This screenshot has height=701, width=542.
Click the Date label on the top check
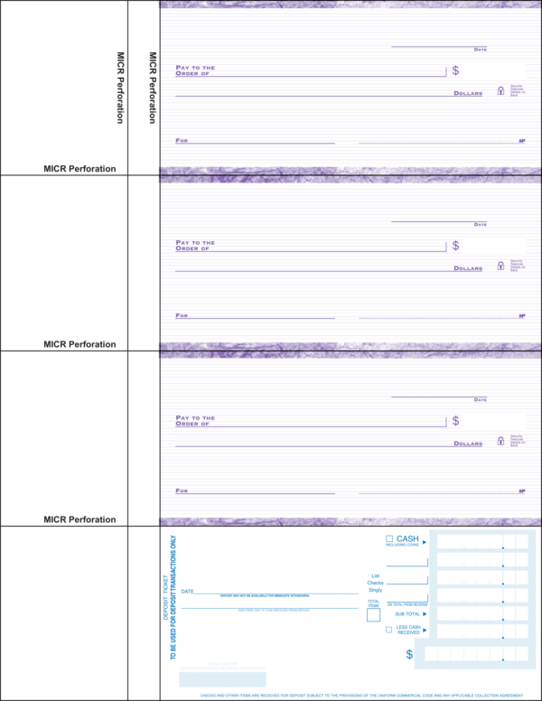pyautogui.click(x=480, y=50)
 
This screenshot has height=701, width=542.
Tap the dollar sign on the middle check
pyautogui.click(x=455, y=246)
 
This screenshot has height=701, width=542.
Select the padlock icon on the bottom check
pyautogui.click(x=500, y=441)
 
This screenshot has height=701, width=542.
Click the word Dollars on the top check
pyautogui.click(x=468, y=93)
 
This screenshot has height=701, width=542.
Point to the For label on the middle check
pyautogui.click(x=182, y=316)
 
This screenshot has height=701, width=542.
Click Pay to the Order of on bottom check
pyautogui.click(x=195, y=421)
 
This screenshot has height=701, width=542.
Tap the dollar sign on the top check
pyautogui.click(x=455, y=70)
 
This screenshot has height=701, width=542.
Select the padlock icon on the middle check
pyautogui.click(x=500, y=266)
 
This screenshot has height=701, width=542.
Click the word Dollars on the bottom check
pyautogui.click(x=468, y=444)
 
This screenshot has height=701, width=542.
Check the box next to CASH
pyautogui.click(x=389, y=538)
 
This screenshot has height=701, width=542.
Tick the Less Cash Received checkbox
pyautogui.click(x=388, y=630)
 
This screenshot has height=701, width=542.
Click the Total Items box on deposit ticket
pyautogui.click(x=373, y=615)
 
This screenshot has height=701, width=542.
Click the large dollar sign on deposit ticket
pyautogui.click(x=409, y=654)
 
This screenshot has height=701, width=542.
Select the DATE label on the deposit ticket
pyautogui.click(x=187, y=591)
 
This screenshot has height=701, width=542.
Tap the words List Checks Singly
pyautogui.click(x=375, y=583)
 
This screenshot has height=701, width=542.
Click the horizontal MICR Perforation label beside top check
pyautogui.click(x=79, y=169)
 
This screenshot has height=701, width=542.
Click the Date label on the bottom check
pyautogui.click(x=480, y=400)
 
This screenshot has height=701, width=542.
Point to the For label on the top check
pyautogui.click(x=182, y=141)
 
